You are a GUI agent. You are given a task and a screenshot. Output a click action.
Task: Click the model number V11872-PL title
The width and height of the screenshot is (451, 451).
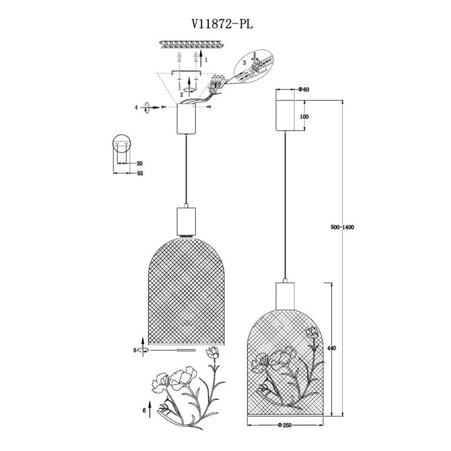coord(225,24)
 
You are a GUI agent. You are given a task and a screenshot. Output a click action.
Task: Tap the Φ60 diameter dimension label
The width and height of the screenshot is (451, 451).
coord(304,90)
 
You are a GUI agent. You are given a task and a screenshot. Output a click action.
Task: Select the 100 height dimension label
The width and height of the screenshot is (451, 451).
coord(304,116)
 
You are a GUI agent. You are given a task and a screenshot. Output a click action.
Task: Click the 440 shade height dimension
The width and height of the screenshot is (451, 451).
coord(331,349)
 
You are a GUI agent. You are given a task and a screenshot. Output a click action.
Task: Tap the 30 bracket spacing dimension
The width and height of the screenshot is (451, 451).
coord(139,163)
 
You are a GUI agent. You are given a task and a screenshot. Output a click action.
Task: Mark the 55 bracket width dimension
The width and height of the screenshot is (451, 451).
coord(140,174)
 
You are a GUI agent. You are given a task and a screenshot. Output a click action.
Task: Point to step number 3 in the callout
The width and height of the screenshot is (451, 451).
coord(243,62)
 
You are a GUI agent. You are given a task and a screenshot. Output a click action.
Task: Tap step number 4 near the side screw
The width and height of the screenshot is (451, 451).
coord(136,108)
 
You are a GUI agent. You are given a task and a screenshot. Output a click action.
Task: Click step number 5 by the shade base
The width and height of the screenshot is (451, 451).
coord(135,350)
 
